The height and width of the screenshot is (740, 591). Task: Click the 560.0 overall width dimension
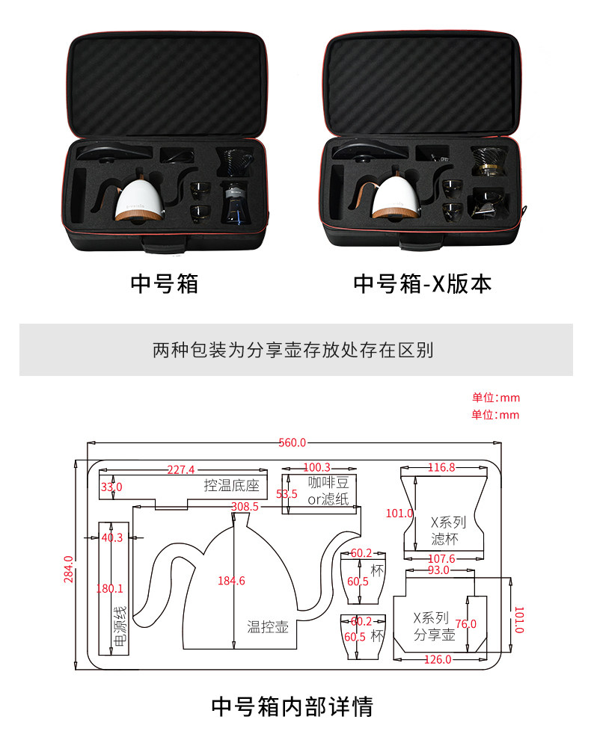coord(292,443)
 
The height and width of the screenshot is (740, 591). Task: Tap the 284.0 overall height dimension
coord(68,569)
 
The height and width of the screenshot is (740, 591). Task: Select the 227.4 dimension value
coord(181,470)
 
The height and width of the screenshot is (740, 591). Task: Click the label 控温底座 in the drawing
coord(231,486)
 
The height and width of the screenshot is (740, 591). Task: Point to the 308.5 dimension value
coord(245,506)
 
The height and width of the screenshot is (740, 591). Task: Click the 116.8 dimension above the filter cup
coord(441,468)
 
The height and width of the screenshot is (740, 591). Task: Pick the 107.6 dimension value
coord(441,559)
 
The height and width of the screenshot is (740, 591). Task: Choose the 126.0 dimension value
coord(438,659)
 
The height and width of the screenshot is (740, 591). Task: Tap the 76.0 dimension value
coord(465,623)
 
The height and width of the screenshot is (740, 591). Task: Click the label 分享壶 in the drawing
coord(435,635)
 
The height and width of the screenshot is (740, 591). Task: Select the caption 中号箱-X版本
coord(422,284)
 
